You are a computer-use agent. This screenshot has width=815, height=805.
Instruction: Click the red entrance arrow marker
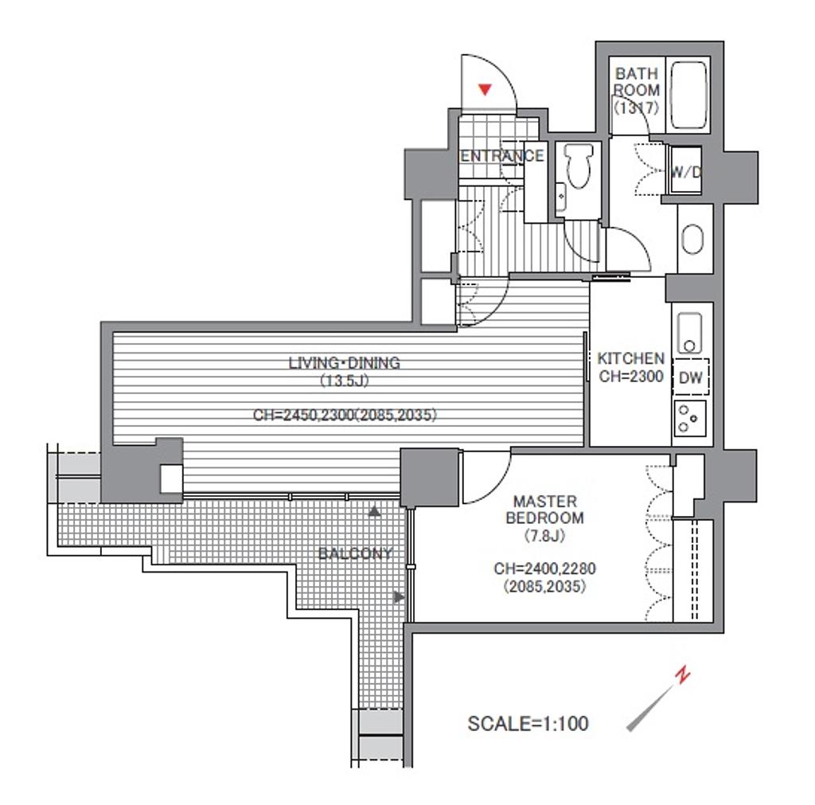pos(485,89)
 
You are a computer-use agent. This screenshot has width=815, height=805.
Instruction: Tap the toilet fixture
pos(579,166)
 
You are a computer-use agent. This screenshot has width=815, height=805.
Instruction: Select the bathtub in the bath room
pos(688,96)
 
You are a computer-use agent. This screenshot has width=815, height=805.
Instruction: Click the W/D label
pos(685,172)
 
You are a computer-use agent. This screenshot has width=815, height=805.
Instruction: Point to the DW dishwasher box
pos(690,377)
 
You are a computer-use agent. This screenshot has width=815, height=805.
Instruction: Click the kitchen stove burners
pos(690,418)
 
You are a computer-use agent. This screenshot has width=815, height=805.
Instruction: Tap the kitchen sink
pos(690,333)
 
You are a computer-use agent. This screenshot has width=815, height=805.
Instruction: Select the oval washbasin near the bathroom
pos(692,239)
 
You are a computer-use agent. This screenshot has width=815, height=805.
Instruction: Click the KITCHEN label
pos(631,358)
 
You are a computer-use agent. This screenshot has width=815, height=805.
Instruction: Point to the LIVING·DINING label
pos(345,362)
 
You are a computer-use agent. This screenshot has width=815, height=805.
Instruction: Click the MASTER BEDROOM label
pos(544,510)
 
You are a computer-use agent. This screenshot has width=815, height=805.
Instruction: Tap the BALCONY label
pos(355,553)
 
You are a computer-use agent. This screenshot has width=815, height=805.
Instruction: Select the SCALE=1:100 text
pos(528,723)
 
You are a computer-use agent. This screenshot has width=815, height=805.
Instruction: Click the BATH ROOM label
pos(637,82)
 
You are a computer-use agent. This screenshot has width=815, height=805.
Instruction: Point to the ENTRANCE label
pos(502,155)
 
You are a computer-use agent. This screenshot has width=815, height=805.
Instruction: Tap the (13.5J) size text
pos(344,381)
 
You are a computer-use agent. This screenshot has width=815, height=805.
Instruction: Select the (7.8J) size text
pos(544,535)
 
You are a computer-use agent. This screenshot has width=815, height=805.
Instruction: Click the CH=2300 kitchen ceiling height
pos(631,376)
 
